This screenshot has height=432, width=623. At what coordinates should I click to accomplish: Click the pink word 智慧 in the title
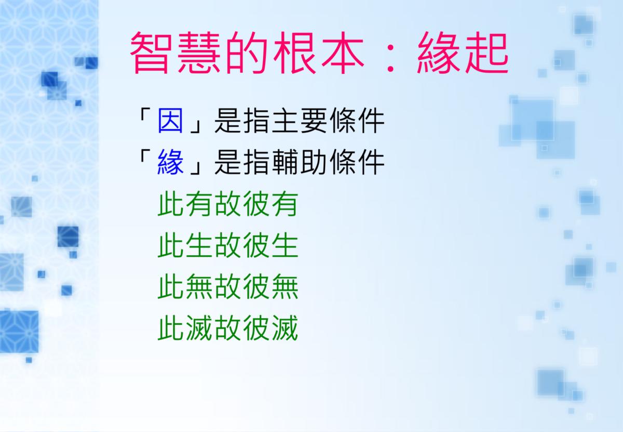click(x=175, y=53)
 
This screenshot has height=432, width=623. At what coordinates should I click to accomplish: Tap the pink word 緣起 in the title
click(x=463, y=53)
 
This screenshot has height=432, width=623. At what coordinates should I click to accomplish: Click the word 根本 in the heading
click(x=319, y=53)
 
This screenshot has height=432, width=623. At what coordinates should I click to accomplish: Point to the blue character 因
click(x=170, y=121)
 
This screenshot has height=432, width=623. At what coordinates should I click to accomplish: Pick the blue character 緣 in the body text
click(x=170, y=162)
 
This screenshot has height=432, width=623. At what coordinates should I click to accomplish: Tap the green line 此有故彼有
click(x=228, y=204)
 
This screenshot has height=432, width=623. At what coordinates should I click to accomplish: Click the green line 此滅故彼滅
click(x=228, y=328)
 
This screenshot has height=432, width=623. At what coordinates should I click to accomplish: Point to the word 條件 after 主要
click(x=357, y=121)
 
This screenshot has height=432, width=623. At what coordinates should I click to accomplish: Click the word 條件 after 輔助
click(x=357, y=162)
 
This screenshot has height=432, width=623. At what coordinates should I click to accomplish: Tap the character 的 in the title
click(x=247, y=53)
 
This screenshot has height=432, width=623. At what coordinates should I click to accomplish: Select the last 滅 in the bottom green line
click(x=285, y=328)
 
